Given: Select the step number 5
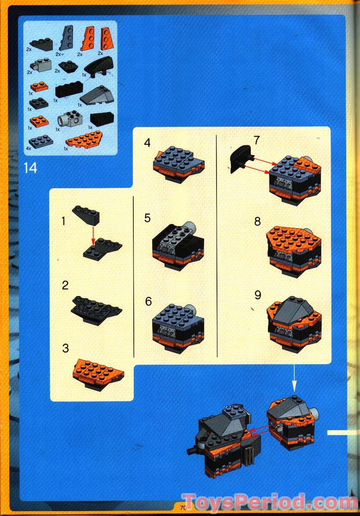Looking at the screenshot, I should pyautogui.click(x=147, y=218).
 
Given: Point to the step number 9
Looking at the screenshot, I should pyautogui.click(x=257, y=295).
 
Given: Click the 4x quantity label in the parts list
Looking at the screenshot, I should pyautogui.click(x=28, y=149).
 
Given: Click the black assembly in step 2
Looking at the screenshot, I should pyautogui.click(x=96, y=310).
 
